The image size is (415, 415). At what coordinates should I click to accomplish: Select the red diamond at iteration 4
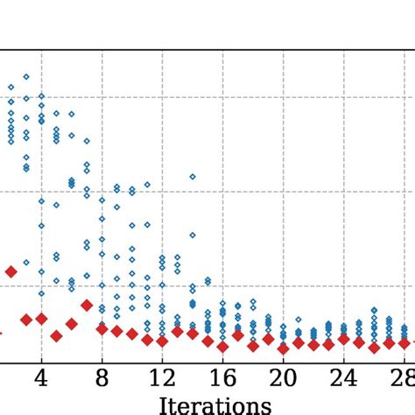click(x=41, y=319)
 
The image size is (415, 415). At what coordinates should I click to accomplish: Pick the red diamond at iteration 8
click(x=102, y=328)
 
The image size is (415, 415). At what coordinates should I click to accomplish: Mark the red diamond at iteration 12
click(x=162, y=340)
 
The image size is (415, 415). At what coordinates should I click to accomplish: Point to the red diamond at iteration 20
click(x=283, y=348)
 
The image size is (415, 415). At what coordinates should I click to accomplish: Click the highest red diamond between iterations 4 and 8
click(x=87, y=305)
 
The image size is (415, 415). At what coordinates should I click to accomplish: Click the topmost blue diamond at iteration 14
click(x=193, y=177)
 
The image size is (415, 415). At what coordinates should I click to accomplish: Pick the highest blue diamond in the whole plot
click(x=26, y=77)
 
